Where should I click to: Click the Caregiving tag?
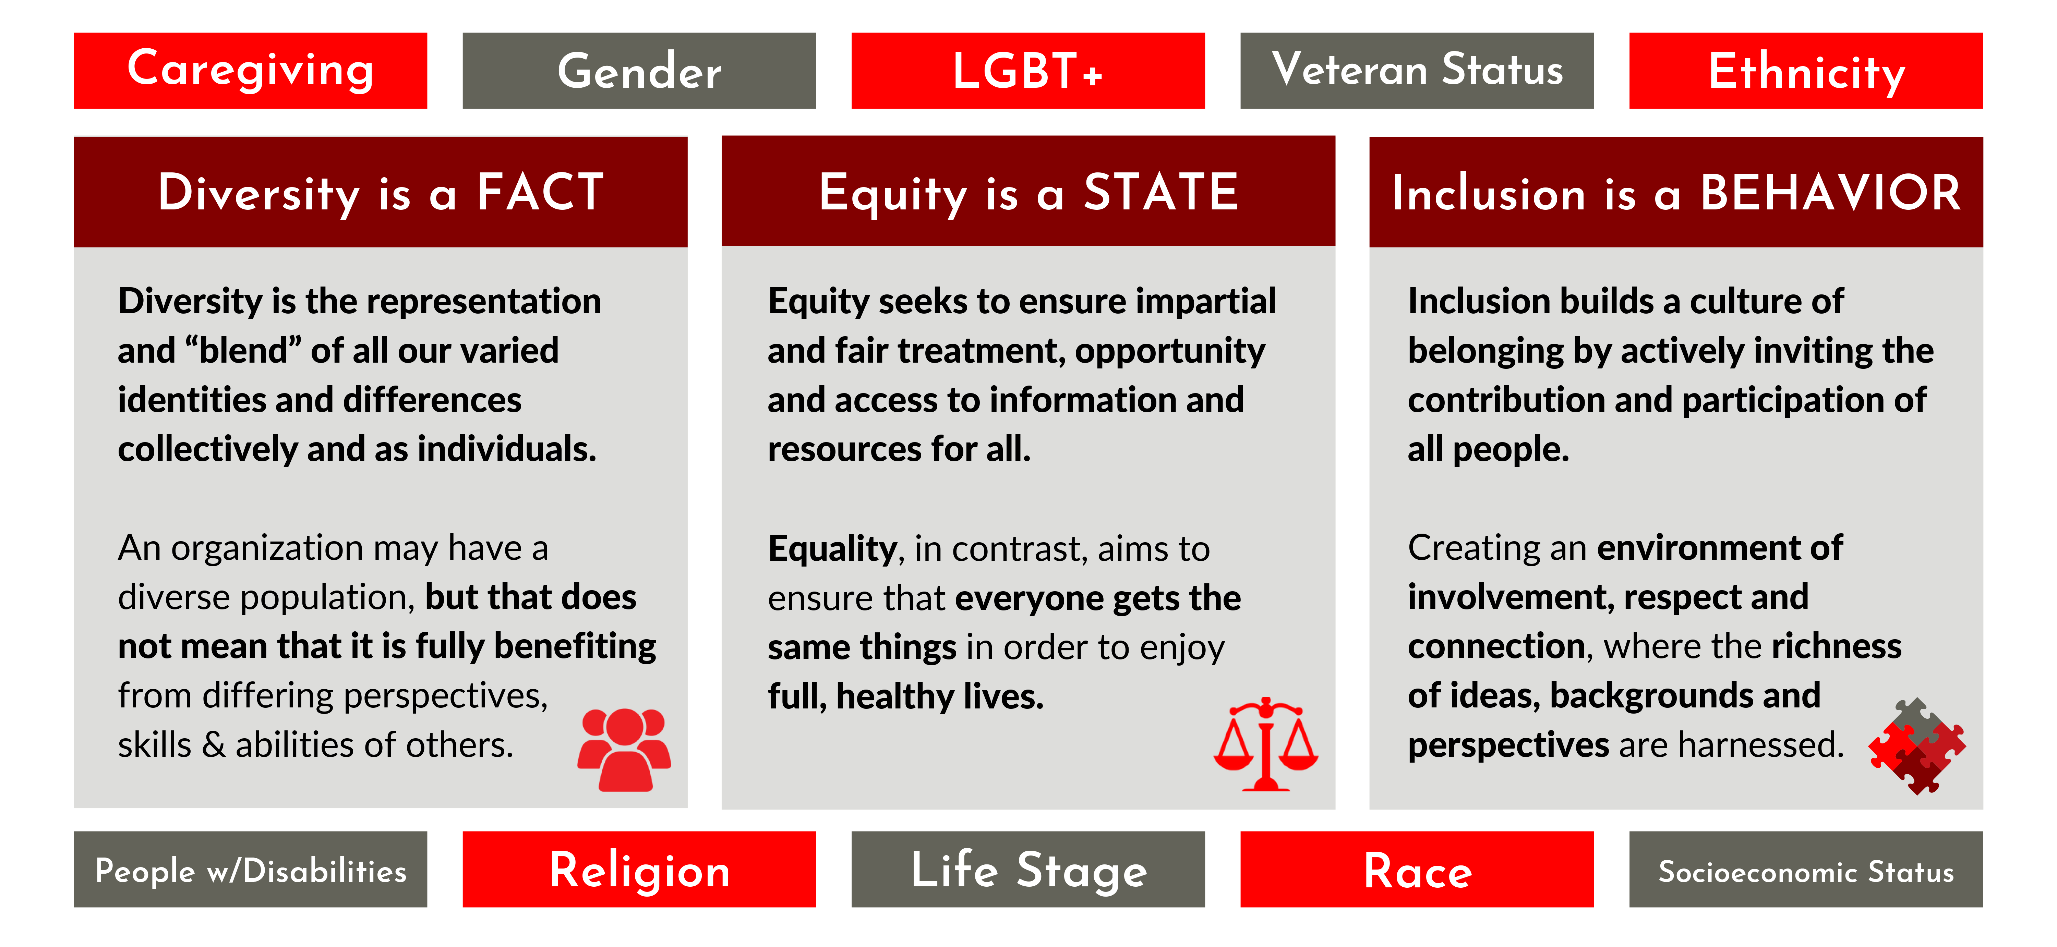point(250,70)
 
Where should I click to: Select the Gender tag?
point(639,70)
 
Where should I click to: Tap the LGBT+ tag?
point(1028,70)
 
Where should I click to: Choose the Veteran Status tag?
point(1417,70)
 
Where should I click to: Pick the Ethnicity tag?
point(1805,70)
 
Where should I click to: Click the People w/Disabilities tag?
point(250,869)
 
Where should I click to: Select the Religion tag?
point(639,869)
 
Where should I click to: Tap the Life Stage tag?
point(1028,869)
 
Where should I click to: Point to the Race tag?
point(1417,869)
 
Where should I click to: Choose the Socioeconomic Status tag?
point(1805,869)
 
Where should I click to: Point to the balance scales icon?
point(1266,744)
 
